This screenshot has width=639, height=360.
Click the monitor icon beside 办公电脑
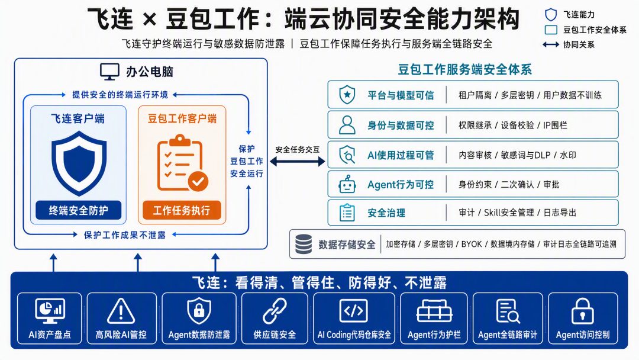[109, 72]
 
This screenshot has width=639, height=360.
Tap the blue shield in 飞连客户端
[79, 163]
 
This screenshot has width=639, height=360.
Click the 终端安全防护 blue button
[78, 210]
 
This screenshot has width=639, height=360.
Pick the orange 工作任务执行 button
[182, 210]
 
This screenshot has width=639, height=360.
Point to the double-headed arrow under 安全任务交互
[298, 162]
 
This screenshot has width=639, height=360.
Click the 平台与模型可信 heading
[401, 95]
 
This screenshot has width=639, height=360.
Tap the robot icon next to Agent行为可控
[347, 185]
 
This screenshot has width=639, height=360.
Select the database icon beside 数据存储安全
[304, 244]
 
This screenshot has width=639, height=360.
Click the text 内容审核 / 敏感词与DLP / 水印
[517, 155]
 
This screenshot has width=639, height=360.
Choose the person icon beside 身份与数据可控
[347, 125]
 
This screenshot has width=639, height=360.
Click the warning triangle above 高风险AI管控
[121, 311]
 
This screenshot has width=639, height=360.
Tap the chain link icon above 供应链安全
[275, 311]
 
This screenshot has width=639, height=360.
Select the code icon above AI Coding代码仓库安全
[353, 311]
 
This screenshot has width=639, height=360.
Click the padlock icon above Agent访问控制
[583, 311]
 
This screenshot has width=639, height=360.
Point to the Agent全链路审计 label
[508, 335]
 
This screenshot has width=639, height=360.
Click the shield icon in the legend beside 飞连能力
[551, 15]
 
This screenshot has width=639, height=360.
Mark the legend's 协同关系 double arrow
[551, 44]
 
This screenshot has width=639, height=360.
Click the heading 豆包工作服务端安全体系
[465, 70]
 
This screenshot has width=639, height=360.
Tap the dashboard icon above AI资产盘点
[50, 311]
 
